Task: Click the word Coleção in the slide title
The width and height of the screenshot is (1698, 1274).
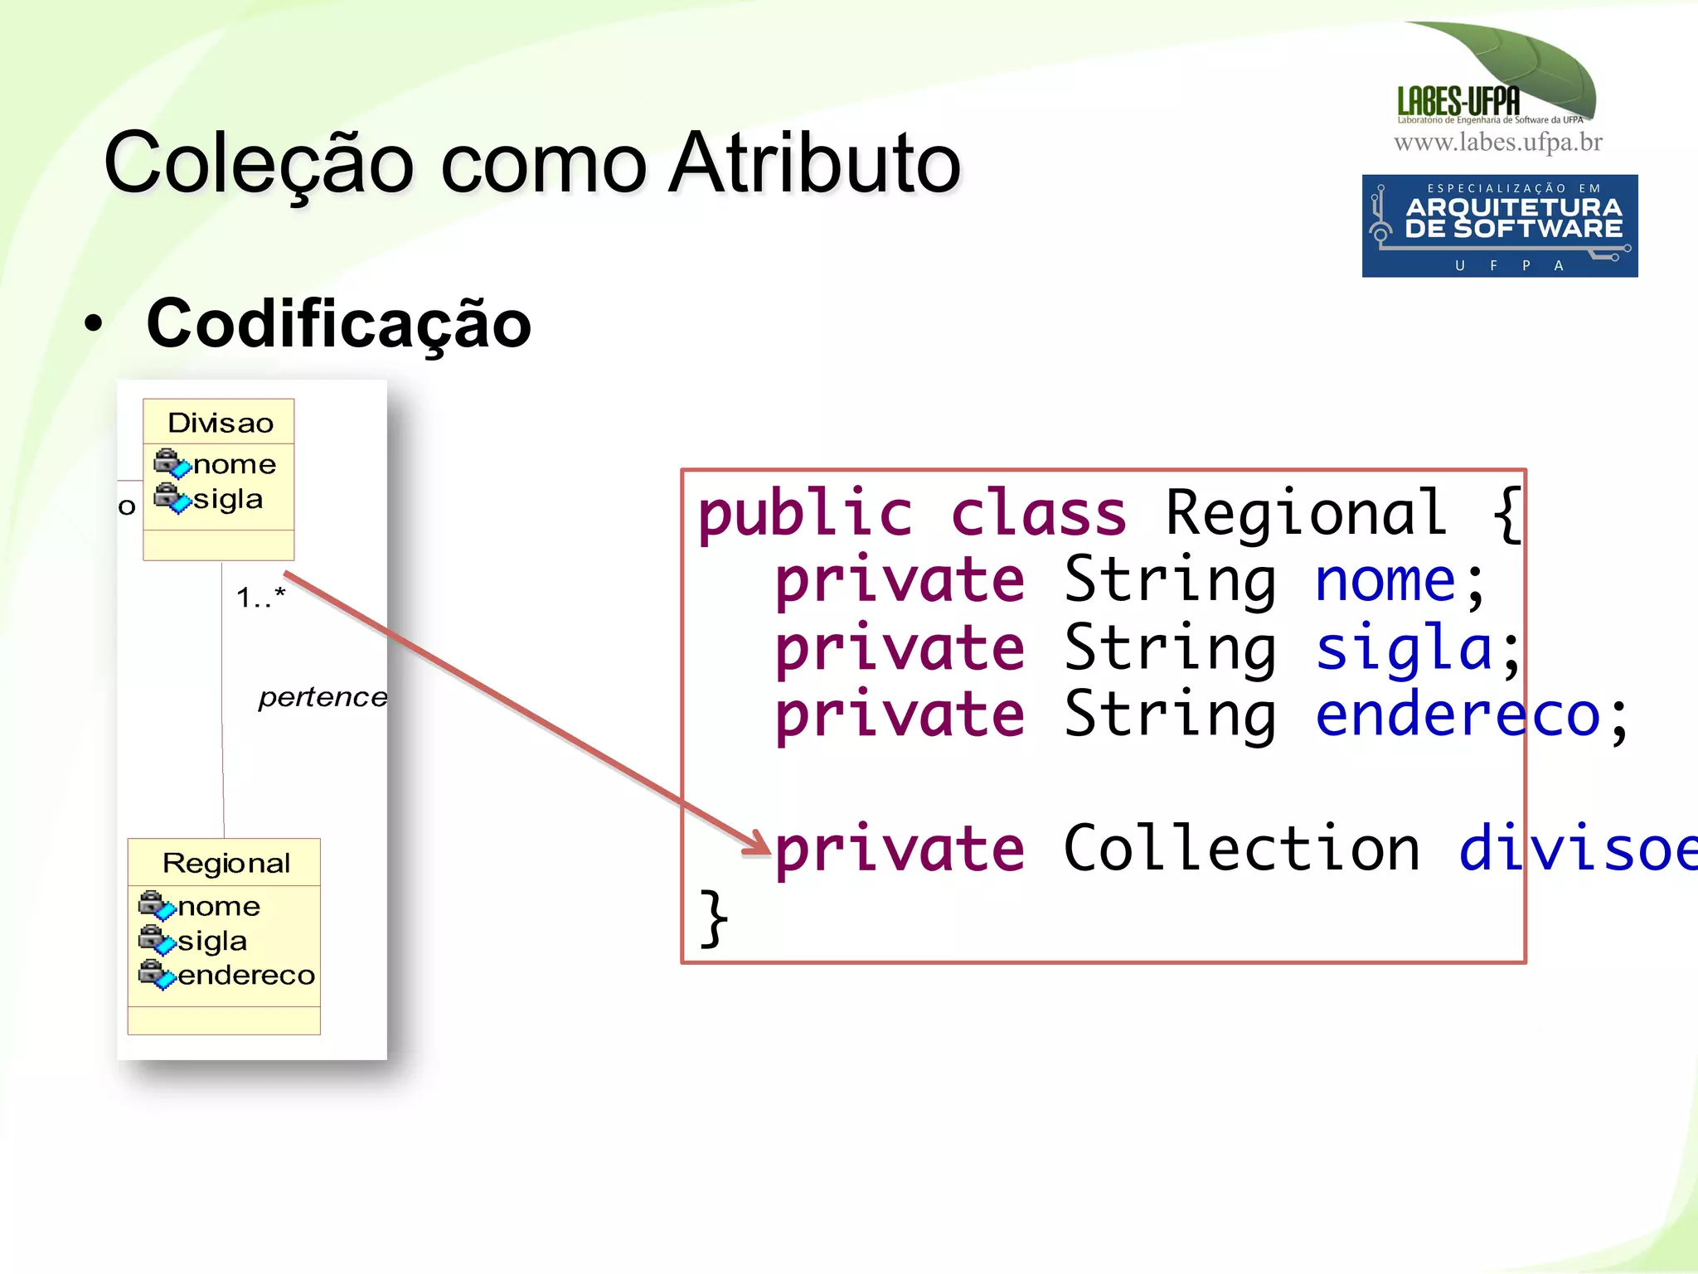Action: (258, 163)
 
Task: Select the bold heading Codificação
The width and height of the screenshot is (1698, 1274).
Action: (338, 324)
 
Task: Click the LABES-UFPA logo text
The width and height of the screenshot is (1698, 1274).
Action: (1458, 102)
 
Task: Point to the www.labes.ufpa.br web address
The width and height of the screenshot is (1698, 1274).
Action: (1497, 143)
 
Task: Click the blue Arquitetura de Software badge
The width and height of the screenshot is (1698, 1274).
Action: (1499, 225)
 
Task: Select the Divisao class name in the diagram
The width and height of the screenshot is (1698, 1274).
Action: (220, 423)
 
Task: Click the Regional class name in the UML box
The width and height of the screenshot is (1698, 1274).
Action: (226, 863)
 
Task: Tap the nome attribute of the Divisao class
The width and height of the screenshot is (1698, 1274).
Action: (234, 464)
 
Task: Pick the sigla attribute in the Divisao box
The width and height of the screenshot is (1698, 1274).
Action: (227, 499)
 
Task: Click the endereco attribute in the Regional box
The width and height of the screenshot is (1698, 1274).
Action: (245, 976)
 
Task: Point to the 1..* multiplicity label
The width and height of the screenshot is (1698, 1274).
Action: (260, 596)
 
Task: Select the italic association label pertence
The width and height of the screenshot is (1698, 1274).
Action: (323, 697)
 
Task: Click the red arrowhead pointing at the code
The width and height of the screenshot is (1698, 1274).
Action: (759, 843)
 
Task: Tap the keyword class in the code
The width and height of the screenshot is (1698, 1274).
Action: (1038, 513)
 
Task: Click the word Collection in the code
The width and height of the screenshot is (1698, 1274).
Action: (1241, 849)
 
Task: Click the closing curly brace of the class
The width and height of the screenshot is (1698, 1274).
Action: (713, 918)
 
